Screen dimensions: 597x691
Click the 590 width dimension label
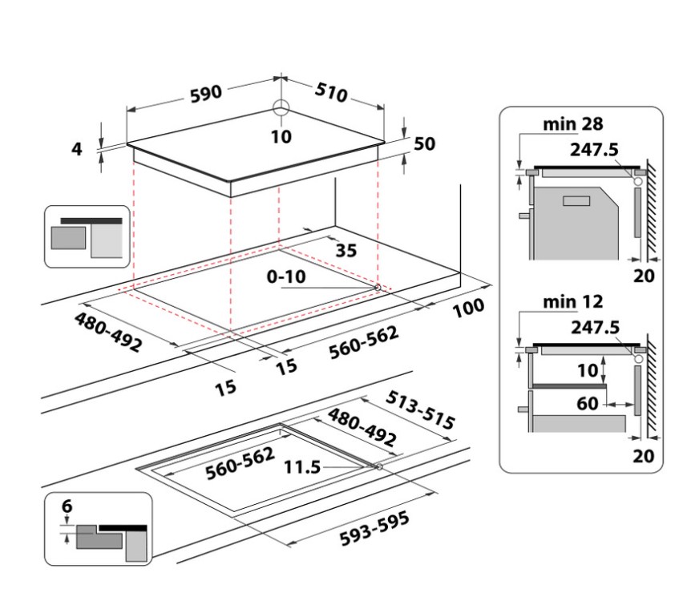point(205,94)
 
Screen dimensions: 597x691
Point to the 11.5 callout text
point(300,466)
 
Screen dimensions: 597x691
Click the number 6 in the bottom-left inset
point(67,506)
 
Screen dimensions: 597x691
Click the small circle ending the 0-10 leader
point(377,286)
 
